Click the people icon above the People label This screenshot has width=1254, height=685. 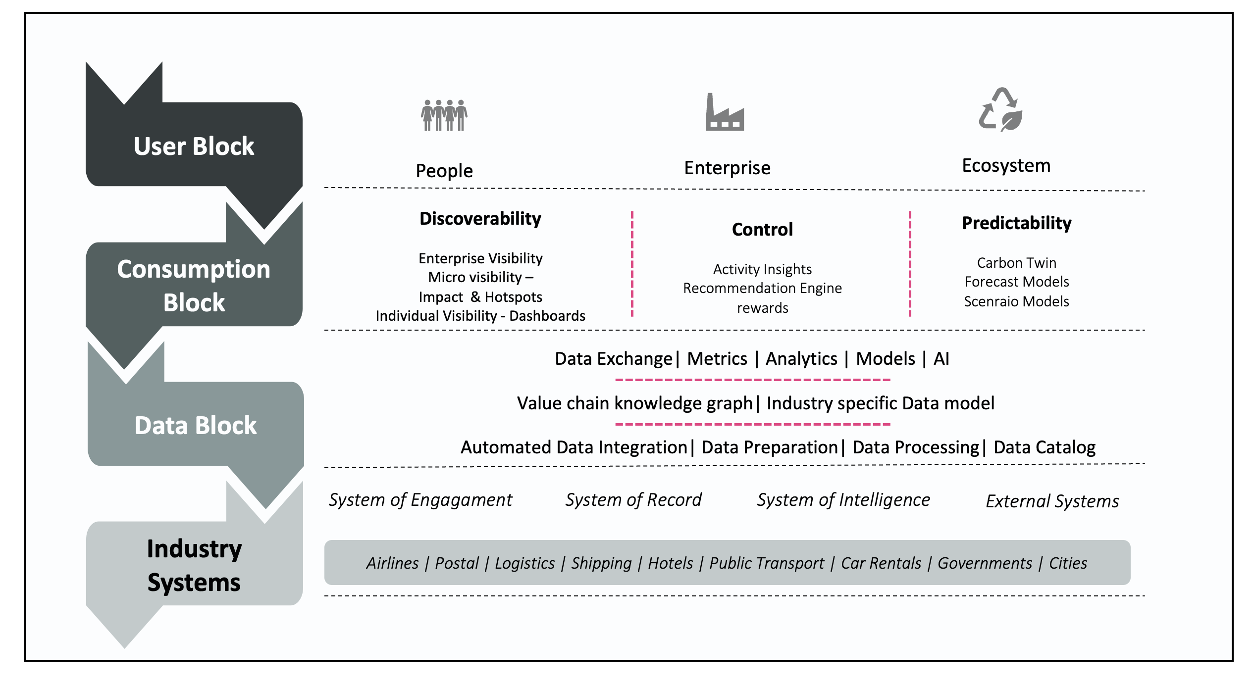(444, 115)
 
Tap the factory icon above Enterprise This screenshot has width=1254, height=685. (725, 113)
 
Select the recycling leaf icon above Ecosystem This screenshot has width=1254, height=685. (1001, 110)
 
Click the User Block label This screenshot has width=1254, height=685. (194, 147)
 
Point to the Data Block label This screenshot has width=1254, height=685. (196, 426)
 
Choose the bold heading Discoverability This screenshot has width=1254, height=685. (480, 219)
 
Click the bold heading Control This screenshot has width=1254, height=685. (762, 230)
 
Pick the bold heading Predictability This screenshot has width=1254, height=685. (1016, 223)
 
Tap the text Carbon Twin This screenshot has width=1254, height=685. (1016, 263)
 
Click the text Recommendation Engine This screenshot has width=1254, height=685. (762, 288)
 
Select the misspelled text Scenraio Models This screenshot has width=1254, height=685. (1016, 301)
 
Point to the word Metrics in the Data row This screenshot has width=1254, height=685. (717, 359)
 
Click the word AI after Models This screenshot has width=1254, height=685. (941, 359)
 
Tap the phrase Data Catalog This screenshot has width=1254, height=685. (1045, 447)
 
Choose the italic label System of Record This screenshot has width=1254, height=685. (633, 500)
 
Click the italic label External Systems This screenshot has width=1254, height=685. (1052, 501)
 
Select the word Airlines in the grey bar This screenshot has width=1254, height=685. (392, 563)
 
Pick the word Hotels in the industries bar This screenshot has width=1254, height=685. (670, 563)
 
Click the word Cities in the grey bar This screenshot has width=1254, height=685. (1068, 563)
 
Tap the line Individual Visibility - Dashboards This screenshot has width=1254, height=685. (480, 316)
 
